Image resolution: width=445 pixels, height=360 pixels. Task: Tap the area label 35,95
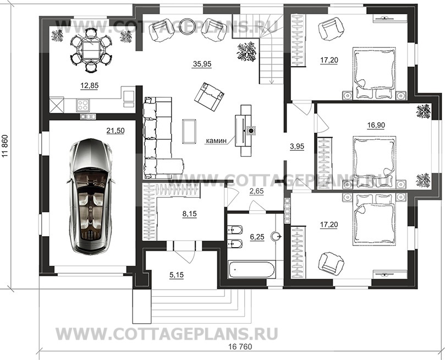(201, 64)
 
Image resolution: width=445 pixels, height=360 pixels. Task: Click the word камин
(217, 140)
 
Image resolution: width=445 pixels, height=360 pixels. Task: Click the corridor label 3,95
(297, 146)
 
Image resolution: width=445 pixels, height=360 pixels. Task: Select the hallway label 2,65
(257, 191)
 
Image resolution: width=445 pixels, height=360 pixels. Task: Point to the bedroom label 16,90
(376, 125)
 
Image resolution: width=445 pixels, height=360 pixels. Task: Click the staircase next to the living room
(270, 55)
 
